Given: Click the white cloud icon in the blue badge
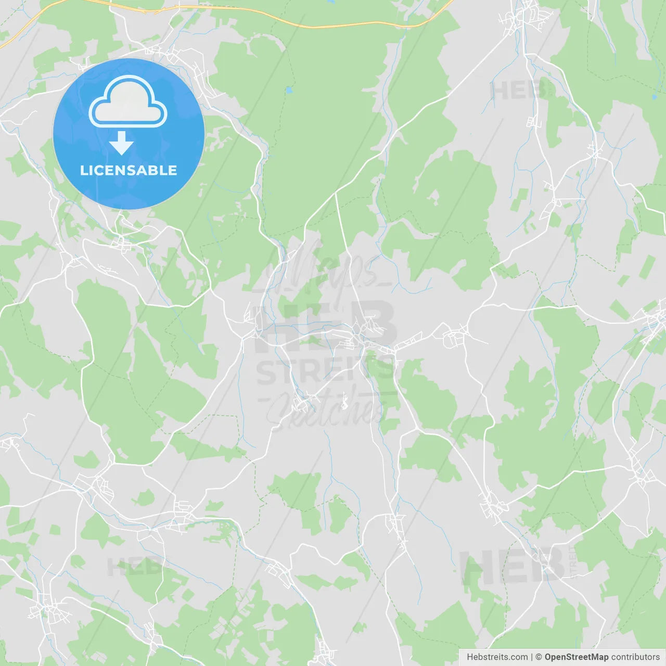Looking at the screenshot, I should (128, 101).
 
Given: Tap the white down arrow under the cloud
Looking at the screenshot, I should (121, 143).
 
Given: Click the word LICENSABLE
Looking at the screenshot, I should (129, 170).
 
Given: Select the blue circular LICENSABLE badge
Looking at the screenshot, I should (129, 134).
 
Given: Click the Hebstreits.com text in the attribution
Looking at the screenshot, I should (497, 657).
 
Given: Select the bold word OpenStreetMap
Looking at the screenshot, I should (577, 657).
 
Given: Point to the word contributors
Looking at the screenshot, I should (635, 657).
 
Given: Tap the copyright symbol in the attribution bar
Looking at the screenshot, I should (539, 657).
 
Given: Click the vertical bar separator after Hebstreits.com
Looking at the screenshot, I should (532, 657).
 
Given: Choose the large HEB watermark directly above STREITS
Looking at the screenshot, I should (325, 325).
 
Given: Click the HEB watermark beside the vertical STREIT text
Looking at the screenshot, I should (513, 567).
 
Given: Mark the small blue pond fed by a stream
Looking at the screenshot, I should (655, 97).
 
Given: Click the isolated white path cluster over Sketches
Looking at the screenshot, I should (343, 402).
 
